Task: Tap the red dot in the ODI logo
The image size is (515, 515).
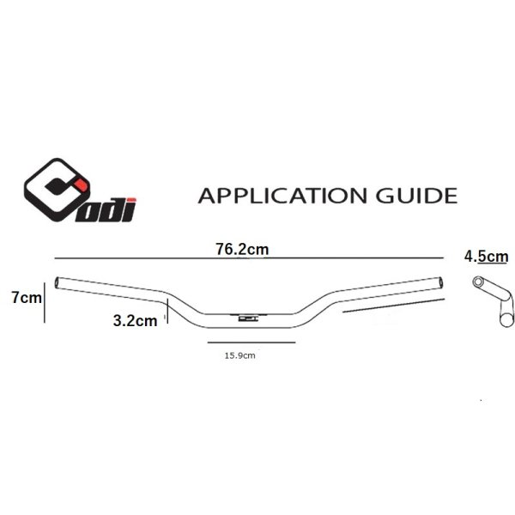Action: click(78, 182)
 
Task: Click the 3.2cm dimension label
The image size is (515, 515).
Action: click(135, 322)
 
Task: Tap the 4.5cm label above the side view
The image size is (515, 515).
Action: click(485, 255)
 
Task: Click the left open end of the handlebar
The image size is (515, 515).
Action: click(58, 282)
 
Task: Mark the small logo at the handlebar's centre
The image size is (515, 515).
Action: click(248, 318)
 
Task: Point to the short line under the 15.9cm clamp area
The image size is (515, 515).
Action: click(252, 342)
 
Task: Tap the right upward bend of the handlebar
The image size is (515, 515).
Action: click(315, 305)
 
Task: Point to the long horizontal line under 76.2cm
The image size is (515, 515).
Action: click(245, 258)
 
